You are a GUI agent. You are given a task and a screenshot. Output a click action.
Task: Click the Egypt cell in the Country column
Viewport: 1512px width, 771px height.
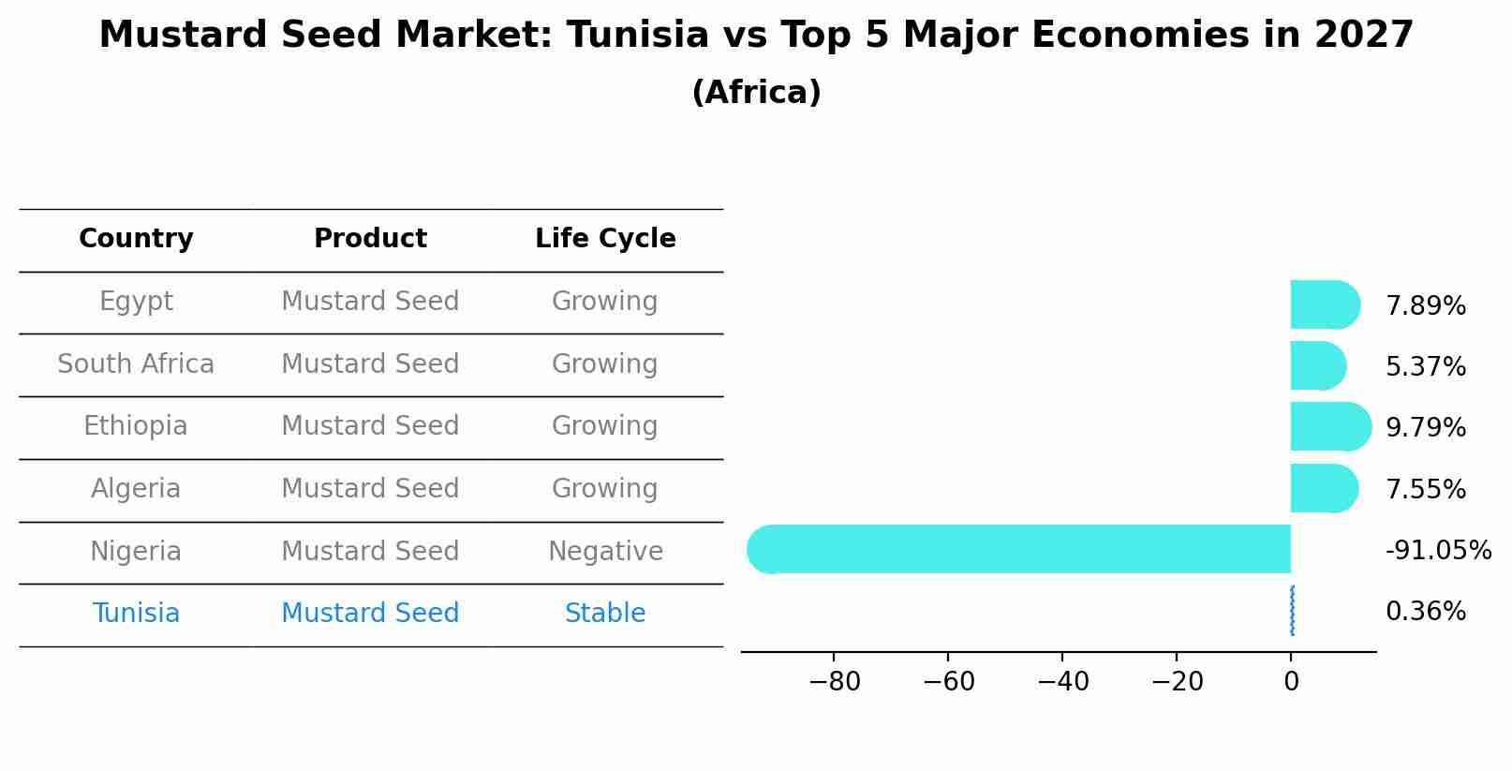136,302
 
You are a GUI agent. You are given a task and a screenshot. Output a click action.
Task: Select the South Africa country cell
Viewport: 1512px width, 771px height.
136,364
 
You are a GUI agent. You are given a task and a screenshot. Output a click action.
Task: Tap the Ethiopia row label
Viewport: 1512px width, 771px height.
136,426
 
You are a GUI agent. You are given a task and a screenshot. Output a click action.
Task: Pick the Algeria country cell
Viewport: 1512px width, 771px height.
136,489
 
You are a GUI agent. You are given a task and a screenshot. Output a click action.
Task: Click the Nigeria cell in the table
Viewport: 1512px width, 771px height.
136,552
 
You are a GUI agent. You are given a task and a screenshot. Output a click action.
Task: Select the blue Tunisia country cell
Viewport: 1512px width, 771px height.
136,614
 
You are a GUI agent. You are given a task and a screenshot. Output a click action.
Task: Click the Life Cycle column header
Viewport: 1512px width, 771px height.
605,239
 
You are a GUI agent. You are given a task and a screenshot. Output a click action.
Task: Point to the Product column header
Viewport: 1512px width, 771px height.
370,239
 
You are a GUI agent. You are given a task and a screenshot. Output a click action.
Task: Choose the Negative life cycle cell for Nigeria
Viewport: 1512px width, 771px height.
605,552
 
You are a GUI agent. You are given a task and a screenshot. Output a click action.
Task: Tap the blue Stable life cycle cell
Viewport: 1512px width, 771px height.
605,614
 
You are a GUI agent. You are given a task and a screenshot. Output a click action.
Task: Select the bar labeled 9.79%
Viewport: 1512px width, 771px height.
1328,426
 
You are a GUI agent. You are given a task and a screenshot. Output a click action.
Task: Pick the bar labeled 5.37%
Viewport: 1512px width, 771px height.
1316,365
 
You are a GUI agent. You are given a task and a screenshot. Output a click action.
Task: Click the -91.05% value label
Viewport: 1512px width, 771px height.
1438,551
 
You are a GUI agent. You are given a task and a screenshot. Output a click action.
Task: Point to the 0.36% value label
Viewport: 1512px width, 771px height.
1425,612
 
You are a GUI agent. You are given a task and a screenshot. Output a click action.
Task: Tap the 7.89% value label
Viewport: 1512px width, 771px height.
1425,306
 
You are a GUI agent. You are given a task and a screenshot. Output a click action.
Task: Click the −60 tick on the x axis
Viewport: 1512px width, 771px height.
948,682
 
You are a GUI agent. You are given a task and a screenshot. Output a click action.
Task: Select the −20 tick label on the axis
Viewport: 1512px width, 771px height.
1177,682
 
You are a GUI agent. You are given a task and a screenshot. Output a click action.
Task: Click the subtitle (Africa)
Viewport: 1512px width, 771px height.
756,93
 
